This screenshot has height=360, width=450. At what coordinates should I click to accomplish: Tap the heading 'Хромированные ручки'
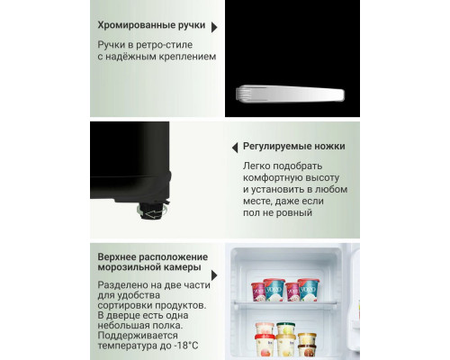point(151,27)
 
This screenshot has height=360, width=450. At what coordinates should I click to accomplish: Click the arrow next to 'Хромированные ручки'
point(213,27)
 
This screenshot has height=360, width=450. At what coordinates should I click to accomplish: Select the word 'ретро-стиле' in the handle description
point(166,44)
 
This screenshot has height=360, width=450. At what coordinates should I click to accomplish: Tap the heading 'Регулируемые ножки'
point(293,147)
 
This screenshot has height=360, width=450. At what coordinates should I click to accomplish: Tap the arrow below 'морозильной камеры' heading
point(213,276)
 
